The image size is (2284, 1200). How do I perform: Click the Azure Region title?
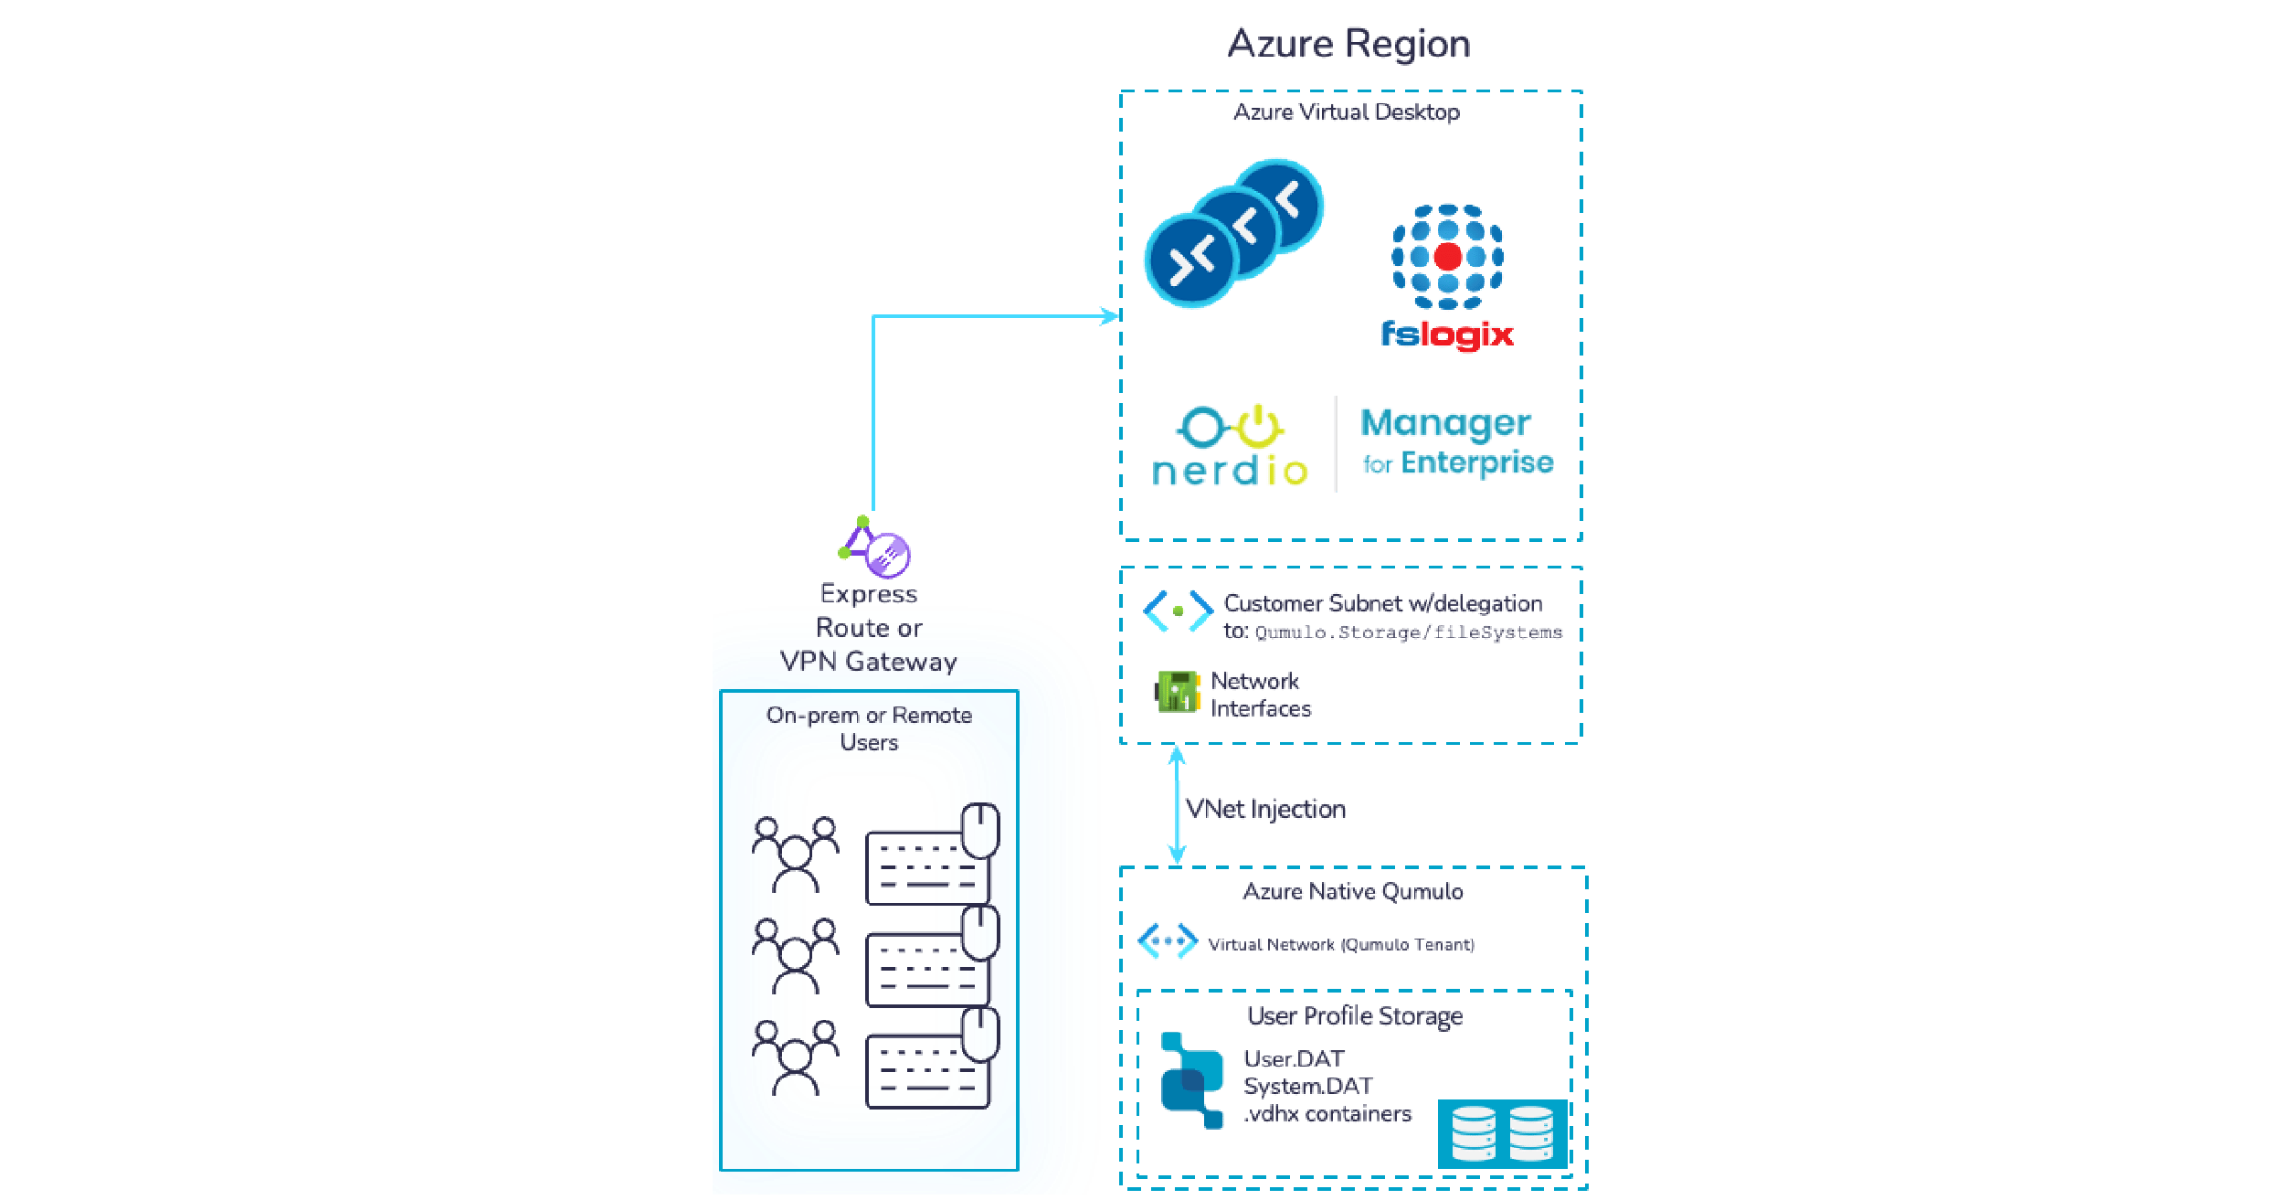[1348, 44]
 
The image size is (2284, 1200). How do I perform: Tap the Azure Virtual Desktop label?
[1346, 112]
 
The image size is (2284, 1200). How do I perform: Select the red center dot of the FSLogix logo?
[1447, 256]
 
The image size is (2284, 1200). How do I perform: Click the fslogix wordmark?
[1447, 335]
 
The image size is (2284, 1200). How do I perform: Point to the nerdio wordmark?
[1230, 471]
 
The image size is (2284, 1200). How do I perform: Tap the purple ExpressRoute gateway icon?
[886, 555]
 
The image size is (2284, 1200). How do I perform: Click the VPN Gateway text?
[869, 661]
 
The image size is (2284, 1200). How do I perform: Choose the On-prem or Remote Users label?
[869, 727]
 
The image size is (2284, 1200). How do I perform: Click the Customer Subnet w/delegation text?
[1382, 603]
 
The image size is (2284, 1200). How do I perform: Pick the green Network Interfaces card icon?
[1178, 691]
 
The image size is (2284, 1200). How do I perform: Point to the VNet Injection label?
[1265, 809]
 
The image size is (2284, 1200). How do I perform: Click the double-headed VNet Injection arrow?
[1177, 804]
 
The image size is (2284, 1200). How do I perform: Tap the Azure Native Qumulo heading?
[1353, 891]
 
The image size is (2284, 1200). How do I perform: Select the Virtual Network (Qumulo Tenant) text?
[1341, 944]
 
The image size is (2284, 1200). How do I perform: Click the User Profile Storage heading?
[1355, 1015]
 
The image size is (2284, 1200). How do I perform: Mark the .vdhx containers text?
[1327, 1114]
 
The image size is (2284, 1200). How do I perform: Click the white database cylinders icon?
[1502, 1133]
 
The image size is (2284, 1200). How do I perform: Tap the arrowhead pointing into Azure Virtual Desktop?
[1110, 317]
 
